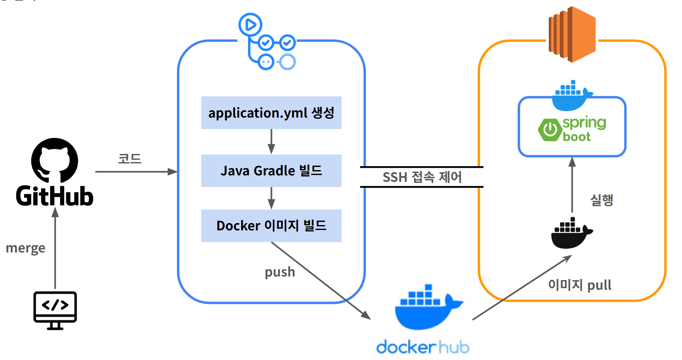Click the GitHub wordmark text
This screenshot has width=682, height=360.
pyautogui.click(x=55, y=196)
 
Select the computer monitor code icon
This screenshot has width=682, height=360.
pyautogui.click(x=55, y=310)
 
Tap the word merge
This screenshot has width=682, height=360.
pyautogui.click(x=25, y=248)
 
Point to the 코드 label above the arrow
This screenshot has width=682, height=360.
pyautogui.click(x=129, y=159)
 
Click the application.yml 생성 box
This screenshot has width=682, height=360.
pyautogui.click(x=271, y=113)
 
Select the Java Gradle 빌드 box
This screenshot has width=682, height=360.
pyautogui.click(x=271, y=171)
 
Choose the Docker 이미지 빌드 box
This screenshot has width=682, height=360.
pyautogui.click(x=271, y=226)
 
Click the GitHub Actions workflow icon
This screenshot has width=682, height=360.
pyautogui.click(x=267, y=42)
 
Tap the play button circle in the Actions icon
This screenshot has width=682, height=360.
pyautogui.click(x=250, y=25)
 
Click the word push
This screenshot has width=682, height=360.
pyautogui.click(x=280, y=272)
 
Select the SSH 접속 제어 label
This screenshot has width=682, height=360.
pyautogui.click(x=422, y=177)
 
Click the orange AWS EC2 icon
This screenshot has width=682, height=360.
pyautogui.click(x=572, y=35)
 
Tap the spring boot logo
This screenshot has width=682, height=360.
pyautogui.click(x=572, y=129)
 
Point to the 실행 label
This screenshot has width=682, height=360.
pyautogui.click(x=601, y=200)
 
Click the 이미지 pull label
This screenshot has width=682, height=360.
pyautogui.click(x=580, y=285)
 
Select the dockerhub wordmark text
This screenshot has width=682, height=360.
pyautogui.click(x=422, y=347)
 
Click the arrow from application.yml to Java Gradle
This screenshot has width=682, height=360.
pyautogui.click(x=271, y=141)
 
